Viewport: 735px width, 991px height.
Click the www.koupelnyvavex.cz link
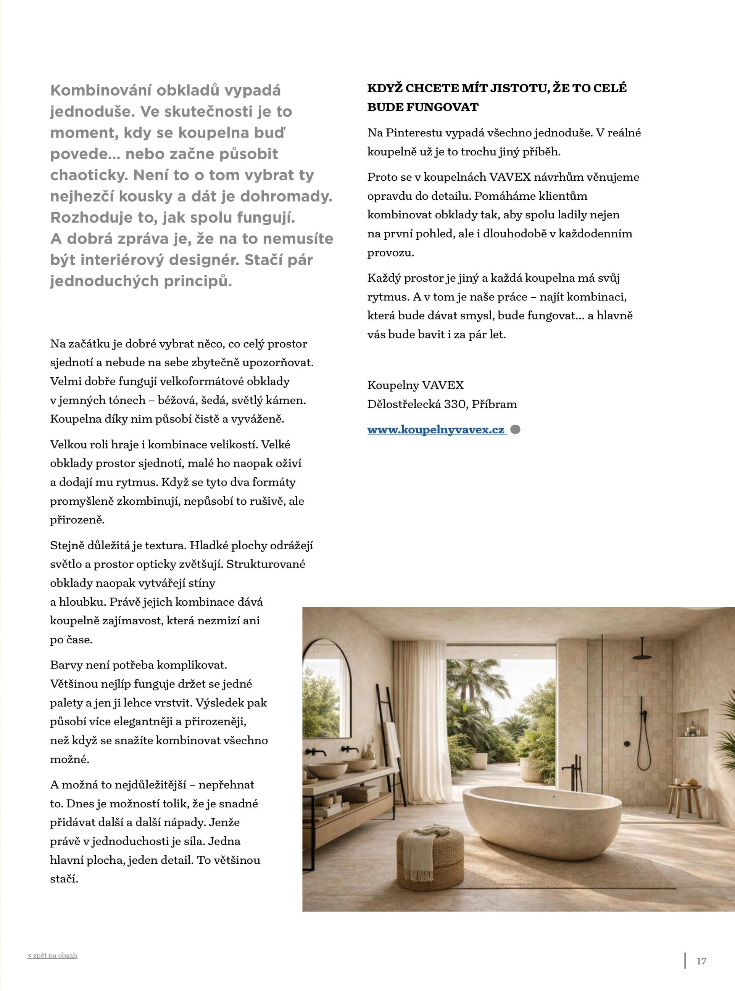[436, 430]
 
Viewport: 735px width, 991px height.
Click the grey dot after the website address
[515, 430]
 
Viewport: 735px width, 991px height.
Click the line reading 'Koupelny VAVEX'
[415, 385]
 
